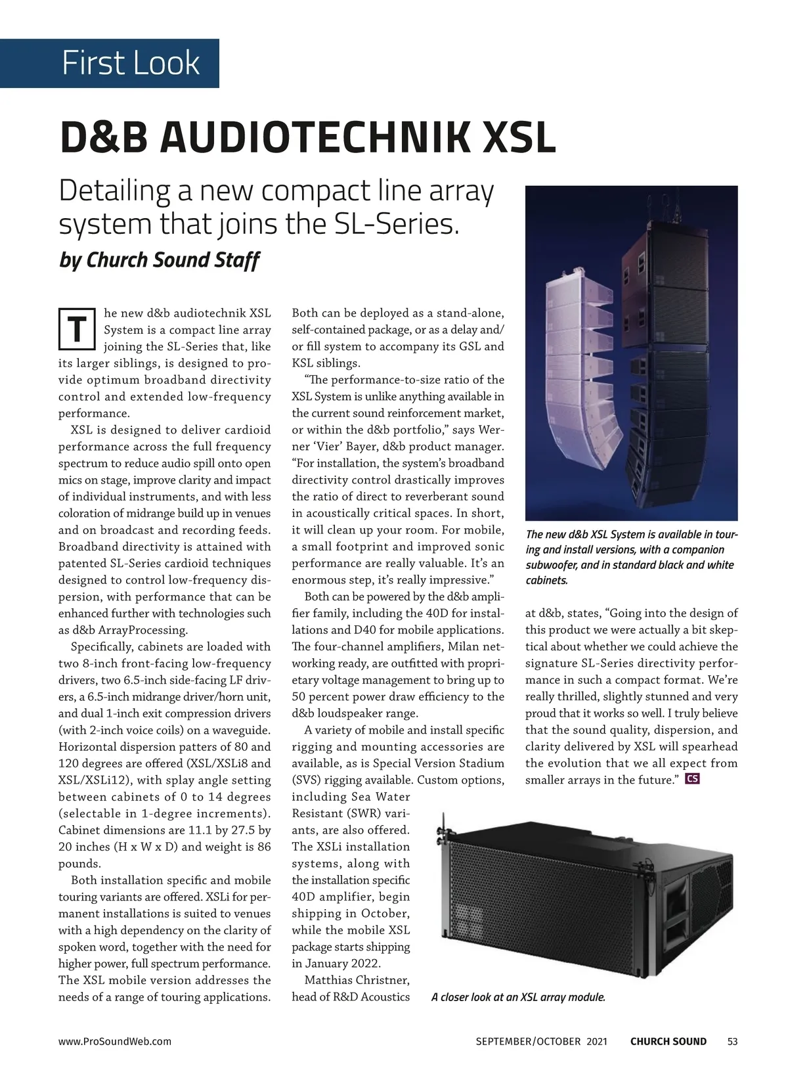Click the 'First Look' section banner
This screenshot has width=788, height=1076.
coord(130,64)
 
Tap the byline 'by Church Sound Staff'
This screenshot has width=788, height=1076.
coord(159,260)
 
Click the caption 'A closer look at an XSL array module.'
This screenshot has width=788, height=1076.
coord(517,997)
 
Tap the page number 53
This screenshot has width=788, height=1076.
coord(733,1041)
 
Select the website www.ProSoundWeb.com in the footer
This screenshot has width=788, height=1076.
coord(115,1041)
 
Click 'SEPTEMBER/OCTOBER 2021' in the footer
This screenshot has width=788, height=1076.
coord(541,1041)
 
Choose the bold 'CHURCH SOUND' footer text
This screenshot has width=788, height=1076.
coord(668,1041)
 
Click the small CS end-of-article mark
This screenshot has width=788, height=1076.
coord(692,780)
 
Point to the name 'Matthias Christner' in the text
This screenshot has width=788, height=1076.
coord(357,980)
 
